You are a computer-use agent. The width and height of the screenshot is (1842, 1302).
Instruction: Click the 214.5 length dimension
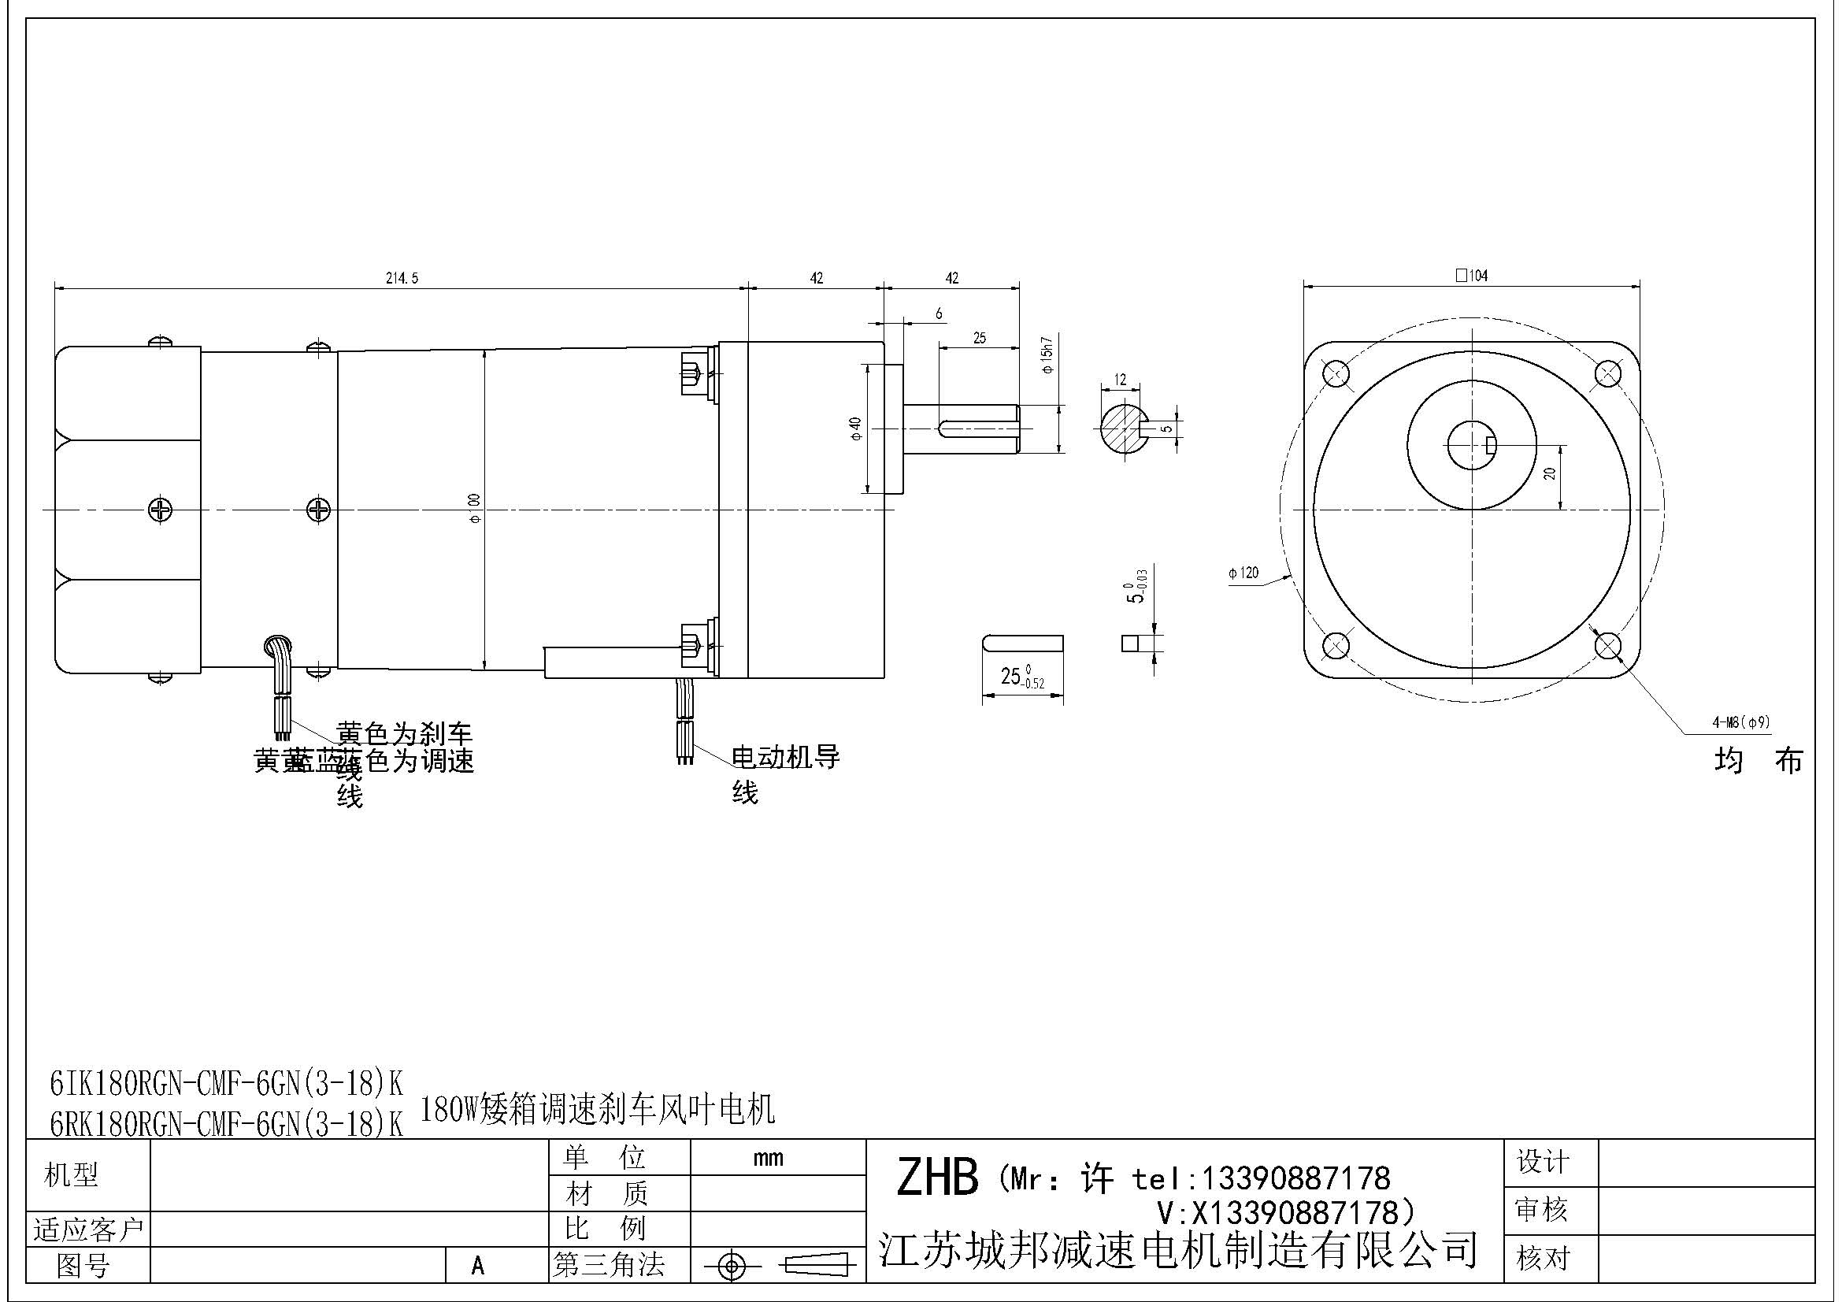pos(402,278)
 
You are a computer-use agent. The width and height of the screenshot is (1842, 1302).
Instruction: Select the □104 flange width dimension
pos(1471,276)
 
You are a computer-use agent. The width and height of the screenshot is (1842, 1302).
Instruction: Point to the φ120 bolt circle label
pos(1243,573)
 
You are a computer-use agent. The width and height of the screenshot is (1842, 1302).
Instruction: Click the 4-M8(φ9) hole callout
pos(1741,722)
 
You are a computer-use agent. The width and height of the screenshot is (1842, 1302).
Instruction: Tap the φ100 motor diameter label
pos(474,509)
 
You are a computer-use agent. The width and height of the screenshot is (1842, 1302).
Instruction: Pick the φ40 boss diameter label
pos(855,428)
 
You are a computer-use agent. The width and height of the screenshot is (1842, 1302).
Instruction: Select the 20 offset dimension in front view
pos(1550,474)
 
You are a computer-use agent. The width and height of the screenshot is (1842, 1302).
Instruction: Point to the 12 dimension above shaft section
pos(1120,380)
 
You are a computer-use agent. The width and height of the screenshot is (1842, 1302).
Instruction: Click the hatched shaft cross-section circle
pos(1121,429)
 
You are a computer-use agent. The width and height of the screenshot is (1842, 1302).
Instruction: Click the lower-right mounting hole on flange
pos(1607,646)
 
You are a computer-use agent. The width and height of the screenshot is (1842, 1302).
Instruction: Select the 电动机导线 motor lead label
pos(784,757)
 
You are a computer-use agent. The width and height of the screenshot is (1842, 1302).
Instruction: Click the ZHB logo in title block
pos(936,1178)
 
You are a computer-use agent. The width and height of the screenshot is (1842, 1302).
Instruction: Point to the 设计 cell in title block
pos(1541,1163)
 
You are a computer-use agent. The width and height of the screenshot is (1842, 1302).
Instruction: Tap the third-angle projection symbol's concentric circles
pos(731,1267)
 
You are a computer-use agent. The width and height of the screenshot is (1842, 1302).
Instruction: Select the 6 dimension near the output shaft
pos(939,313)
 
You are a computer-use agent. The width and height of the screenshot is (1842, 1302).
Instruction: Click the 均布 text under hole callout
pos(1758,760)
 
